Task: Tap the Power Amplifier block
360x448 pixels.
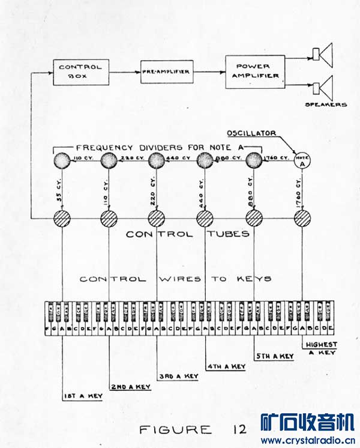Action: pyautogui.click(x=255, y=71)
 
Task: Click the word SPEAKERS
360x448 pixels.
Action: pyautogui.click(x=326, y=105)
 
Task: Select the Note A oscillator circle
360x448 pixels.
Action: pyautogui.click(x=302, y=160)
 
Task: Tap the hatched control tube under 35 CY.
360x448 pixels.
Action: pyautogui.click(x=62, y=217)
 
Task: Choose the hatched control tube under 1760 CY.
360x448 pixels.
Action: pyautogui.click(x=302, y=217)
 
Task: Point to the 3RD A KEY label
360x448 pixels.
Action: pyautogui.click(x=179, y=376)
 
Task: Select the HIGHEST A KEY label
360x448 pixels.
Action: pyautogui.click(x=322, y=348)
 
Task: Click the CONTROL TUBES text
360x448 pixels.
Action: pyautogui.click(x=188, y=234)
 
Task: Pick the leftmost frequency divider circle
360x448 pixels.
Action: pyautogui.click(x=62, y=160)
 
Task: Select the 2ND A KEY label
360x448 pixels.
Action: pyautogui.click(x=131, y=386)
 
